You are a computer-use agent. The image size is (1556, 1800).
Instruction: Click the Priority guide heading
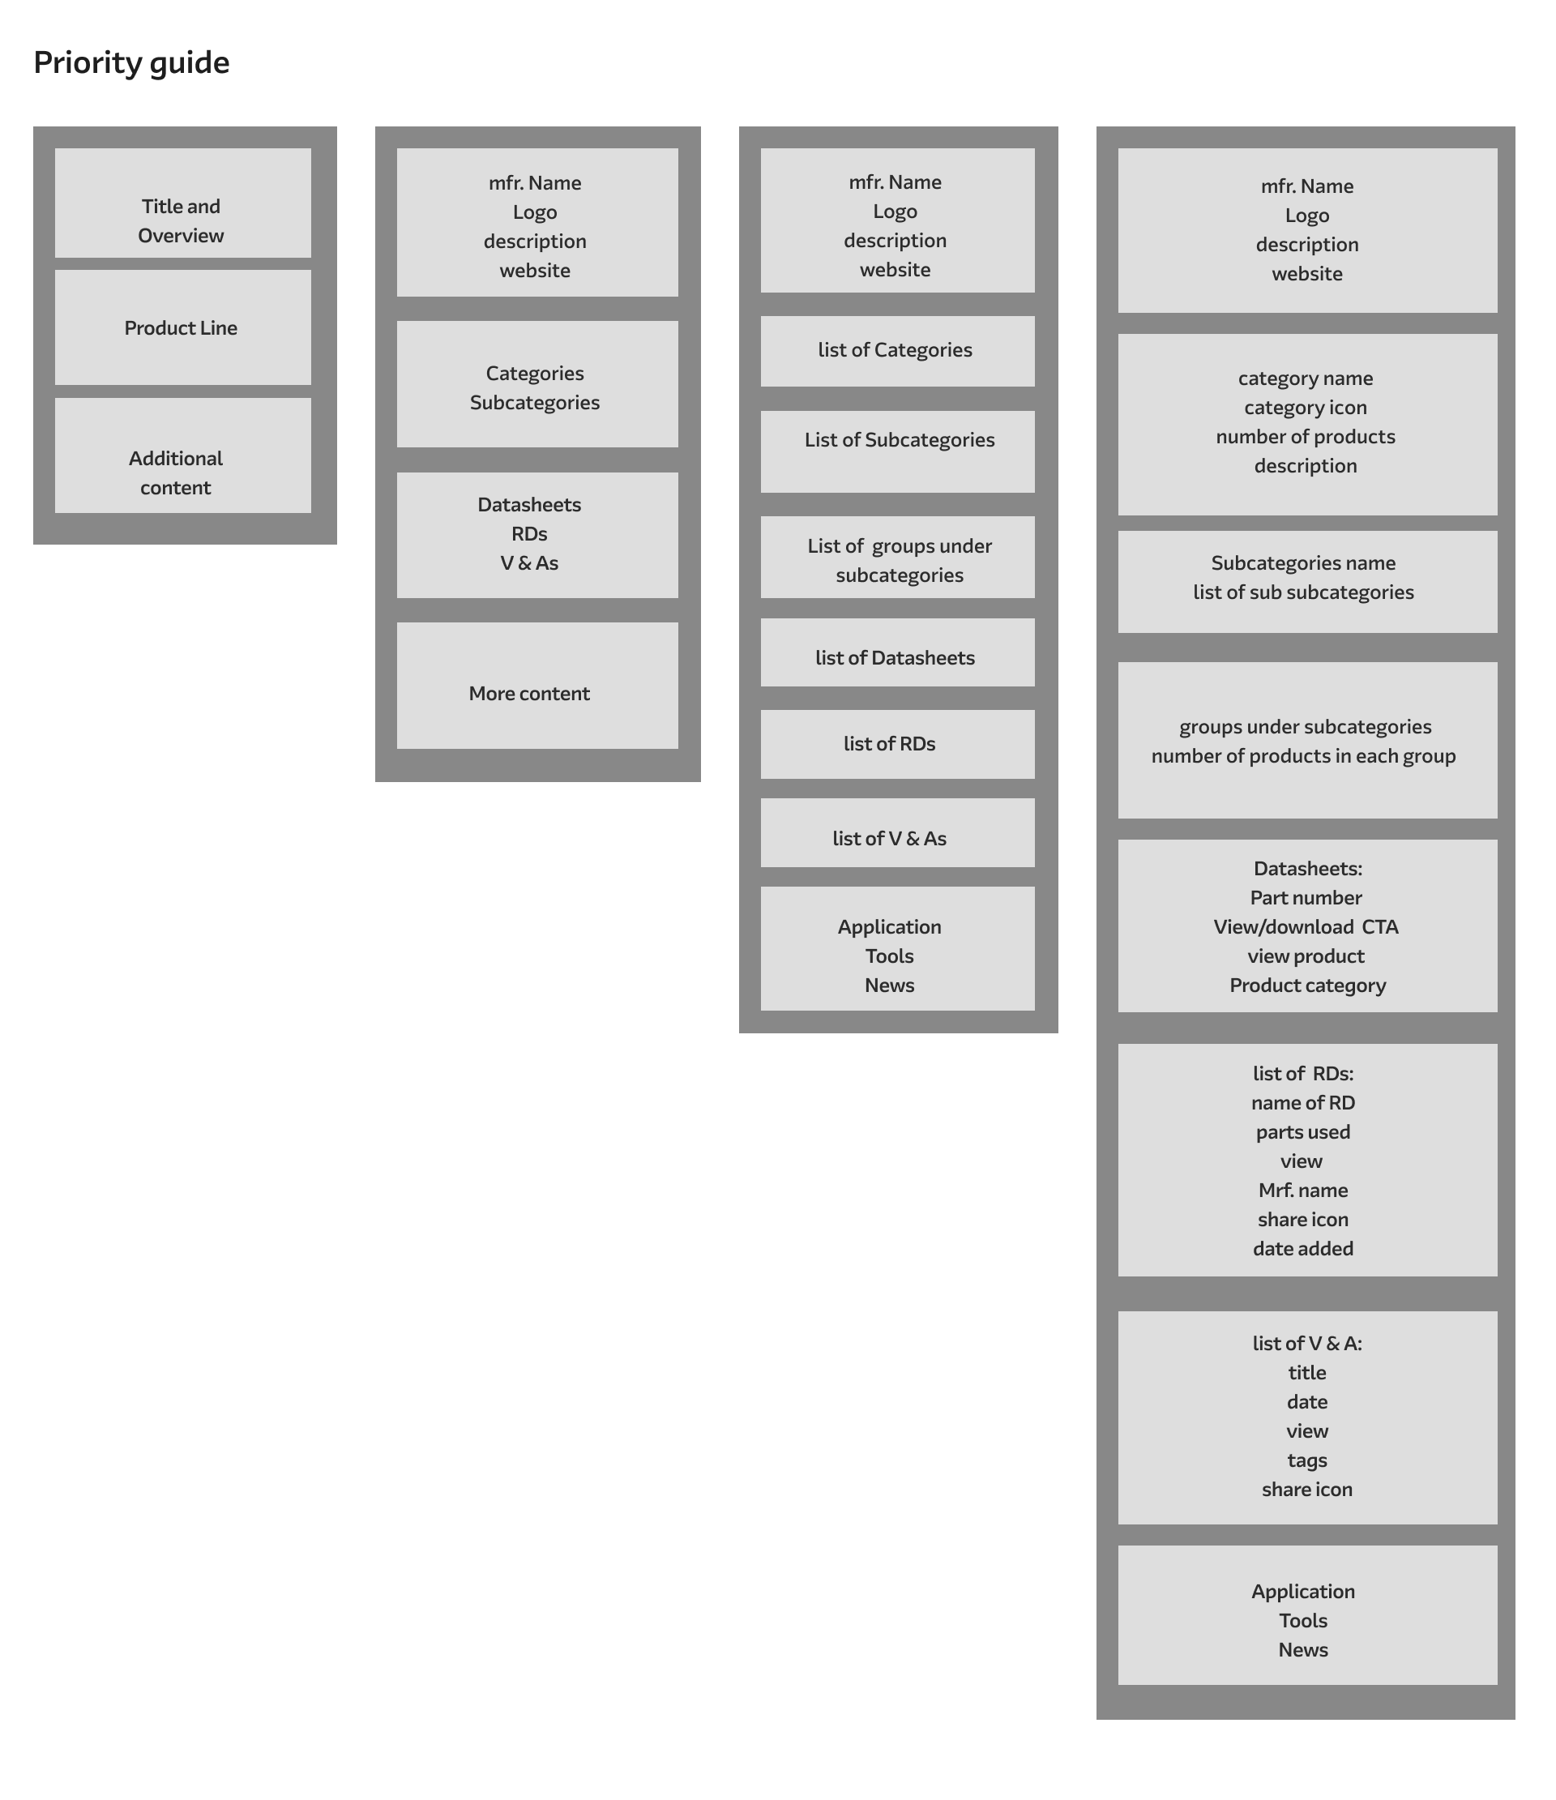[131, 63]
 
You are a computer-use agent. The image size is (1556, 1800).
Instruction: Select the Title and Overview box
[182, 203]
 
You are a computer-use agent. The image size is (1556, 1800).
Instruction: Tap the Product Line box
[182, 327]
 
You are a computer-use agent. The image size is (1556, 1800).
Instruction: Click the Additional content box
[182, 455]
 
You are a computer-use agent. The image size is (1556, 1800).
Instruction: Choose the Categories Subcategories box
[537, 384]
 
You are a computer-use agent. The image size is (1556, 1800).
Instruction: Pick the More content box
[537, 686]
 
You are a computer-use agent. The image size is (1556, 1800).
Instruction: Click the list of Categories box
[897, 351]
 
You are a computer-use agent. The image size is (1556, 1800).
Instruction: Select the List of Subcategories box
[897, 451]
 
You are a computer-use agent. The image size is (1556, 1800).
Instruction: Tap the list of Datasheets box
[897, 652]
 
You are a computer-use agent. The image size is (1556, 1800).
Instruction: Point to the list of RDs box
[897, 745]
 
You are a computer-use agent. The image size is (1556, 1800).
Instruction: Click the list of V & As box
[897, 832]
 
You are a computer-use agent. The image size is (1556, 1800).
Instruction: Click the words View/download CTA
[1306, 927]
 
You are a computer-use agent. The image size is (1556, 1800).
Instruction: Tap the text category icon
[1305, 408]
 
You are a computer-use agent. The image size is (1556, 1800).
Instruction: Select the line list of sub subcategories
[1303, 592]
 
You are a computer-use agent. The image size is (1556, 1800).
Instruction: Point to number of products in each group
[1303, 756]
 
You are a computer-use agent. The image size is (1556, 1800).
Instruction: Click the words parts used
[1302, 1132]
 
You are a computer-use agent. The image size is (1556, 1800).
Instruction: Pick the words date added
[1302, 1248]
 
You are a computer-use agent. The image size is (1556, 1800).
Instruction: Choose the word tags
[1306, 1460]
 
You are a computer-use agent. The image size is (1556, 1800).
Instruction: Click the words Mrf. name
[1302, 1191]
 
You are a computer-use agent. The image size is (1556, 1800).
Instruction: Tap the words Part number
[1306, 897]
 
